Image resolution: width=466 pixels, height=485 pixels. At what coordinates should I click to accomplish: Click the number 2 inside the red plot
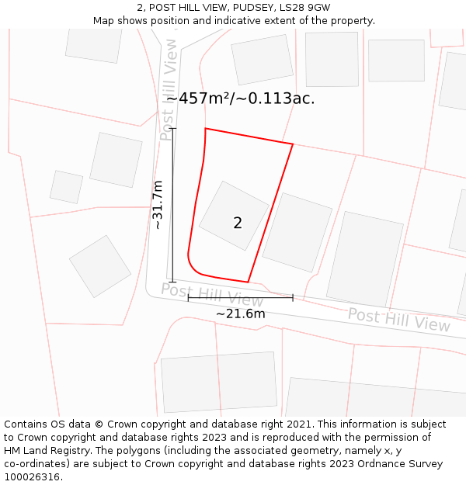[x=238, y=223]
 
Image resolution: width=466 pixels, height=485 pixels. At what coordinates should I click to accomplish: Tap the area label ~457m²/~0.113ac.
[x=241, y=99]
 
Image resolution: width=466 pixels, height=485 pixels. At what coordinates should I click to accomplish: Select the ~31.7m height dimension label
[x=158, y=205]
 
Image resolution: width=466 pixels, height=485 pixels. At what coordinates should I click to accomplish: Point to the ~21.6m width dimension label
[x=240, y=314]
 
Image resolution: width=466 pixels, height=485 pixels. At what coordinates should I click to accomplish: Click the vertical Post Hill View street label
[x=169, y=89]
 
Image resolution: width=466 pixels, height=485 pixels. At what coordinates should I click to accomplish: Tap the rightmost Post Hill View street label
[x=398, y=320]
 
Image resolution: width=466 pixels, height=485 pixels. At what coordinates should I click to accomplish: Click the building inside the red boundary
[x=234, y=216]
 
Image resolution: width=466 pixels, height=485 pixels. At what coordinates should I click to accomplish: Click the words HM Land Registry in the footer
[x=40, y=451]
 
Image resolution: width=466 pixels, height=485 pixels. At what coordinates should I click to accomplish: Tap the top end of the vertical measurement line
[x=172, y=129]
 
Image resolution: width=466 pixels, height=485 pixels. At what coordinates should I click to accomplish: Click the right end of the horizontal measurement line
[x=293, y=297]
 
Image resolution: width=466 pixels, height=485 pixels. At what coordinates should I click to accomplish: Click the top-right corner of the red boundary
[x=293, y=144]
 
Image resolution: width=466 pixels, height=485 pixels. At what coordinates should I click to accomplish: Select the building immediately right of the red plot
[x=297, y=227]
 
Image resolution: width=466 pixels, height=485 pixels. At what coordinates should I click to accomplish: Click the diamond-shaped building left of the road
[x=100, y=266]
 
